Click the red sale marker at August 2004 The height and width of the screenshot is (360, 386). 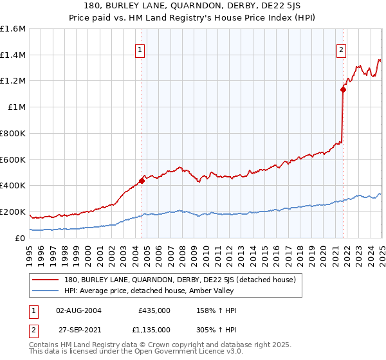pos(142,181)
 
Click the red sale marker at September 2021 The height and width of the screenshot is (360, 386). pos(343,89)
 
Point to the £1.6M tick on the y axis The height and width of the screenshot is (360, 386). pos(13,29)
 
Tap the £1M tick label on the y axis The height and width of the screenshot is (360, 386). pos(16,107)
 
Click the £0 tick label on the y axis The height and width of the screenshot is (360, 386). pos(21,238)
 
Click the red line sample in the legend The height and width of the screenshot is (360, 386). pos(46,280)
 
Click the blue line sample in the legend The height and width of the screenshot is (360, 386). pos(46,291)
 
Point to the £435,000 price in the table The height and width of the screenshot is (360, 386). pos(154,310)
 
